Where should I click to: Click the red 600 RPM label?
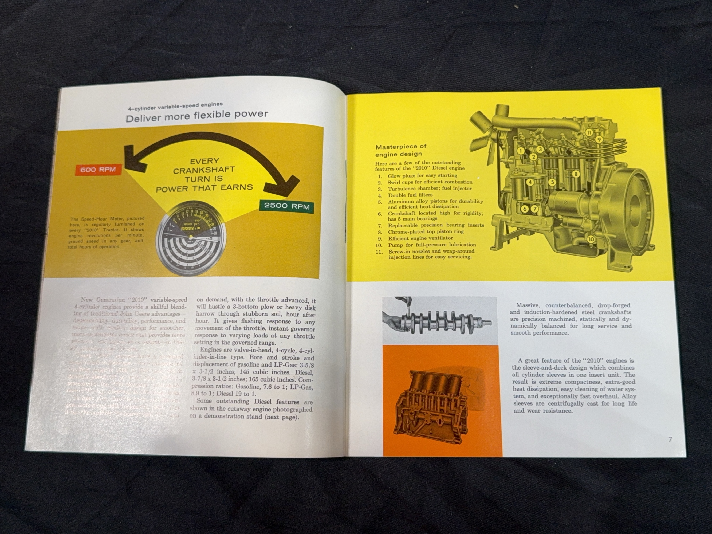[x=98, y=170]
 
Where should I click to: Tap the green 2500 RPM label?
[x=287, y=206]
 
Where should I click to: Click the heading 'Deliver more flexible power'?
[x=197, y=116]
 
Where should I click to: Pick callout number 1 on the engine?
[x=521, y=151]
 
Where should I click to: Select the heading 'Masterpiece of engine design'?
[x=401, y=150]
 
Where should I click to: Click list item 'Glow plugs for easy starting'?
[x=422, y=175]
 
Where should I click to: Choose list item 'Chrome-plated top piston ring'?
[x=426, y=231]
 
